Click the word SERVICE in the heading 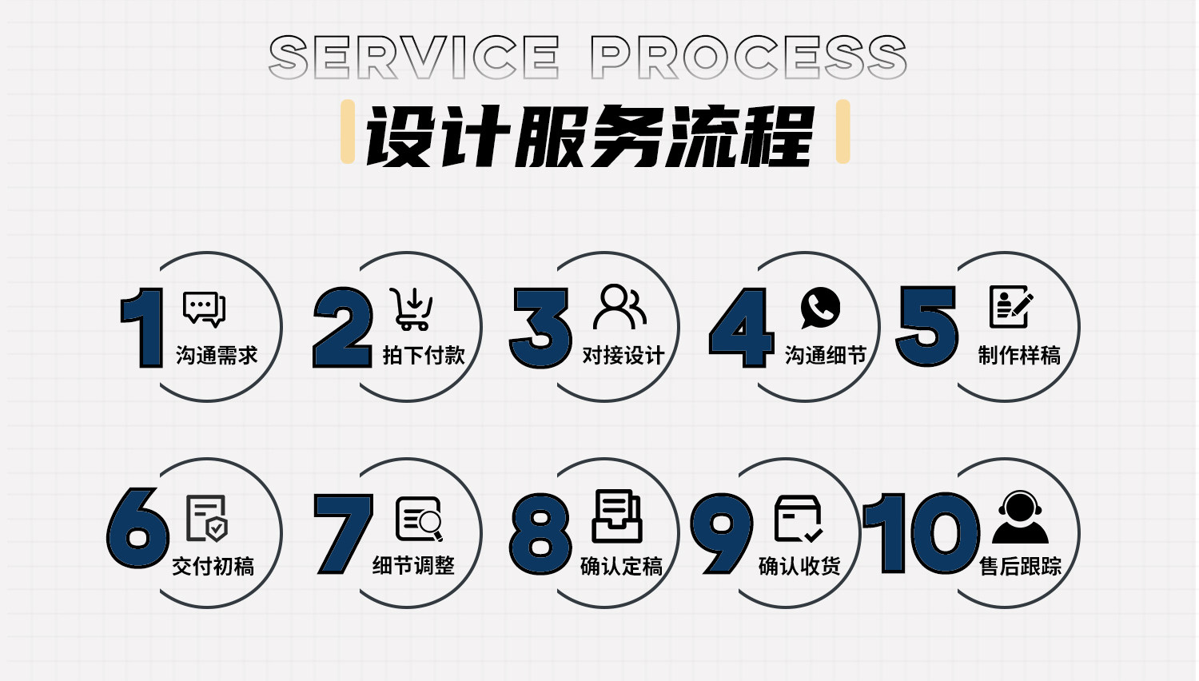pos(413,58)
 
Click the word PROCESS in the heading pos(748,58)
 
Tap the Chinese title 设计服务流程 pos(590,136)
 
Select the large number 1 pos(142,328)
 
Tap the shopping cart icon pos(412,309)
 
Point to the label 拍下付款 pos(424,355)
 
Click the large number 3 pos(541,328)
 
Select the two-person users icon pos(619,307)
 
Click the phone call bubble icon pos(819,308)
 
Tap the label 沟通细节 pos(826,355)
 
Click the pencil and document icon pos(1011,307)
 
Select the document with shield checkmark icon pos(207,518)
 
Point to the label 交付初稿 pos(213,567)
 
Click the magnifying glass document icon pos(419,520)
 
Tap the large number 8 pos(541,533)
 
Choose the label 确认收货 pos(799,567)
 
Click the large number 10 pos(922,533)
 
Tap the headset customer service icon pos(1020,517)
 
